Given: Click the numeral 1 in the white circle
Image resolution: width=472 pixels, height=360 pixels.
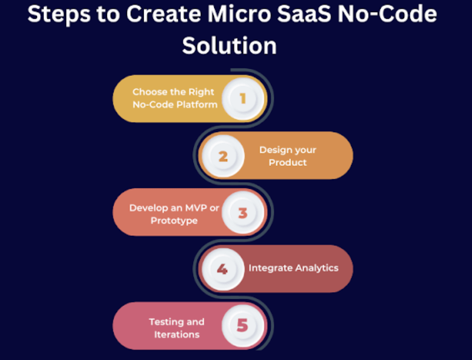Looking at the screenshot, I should tap(243, 98).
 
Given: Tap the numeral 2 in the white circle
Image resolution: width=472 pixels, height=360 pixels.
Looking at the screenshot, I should tap(223, 156).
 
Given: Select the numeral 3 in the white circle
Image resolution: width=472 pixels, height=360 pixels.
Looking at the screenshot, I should tap(243, 213).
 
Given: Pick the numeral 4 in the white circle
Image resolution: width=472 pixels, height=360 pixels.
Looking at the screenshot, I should tap(222, 269).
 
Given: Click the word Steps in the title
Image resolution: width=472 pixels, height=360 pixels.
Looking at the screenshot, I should tap(57, 16).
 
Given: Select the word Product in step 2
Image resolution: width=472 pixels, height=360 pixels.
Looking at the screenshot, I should tap(288, 163).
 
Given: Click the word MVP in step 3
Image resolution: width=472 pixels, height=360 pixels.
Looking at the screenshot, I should tap(194, 207).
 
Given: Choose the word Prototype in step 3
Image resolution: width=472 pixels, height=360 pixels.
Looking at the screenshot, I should tap(174, 220).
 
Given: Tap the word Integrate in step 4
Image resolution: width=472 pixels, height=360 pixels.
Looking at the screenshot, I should tap(271, 268).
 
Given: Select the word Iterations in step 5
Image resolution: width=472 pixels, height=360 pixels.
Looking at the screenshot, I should tap(177, 335).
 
